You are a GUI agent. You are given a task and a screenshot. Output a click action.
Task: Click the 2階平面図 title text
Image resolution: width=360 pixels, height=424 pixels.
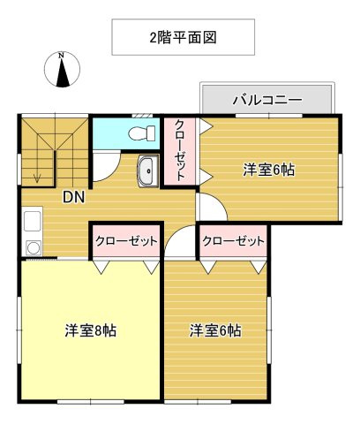point(183,38)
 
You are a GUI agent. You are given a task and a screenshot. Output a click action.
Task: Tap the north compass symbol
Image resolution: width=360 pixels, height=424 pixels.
point(62,70)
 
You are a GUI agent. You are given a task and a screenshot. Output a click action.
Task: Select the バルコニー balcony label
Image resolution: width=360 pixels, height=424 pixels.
point(267,100)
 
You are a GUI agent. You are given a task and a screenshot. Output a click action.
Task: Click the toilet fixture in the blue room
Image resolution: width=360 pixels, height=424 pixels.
point(142,133)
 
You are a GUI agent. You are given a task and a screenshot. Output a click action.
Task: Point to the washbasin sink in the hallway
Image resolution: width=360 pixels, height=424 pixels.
point(148,171)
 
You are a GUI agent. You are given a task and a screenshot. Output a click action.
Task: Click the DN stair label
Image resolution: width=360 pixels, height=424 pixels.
point(74,197)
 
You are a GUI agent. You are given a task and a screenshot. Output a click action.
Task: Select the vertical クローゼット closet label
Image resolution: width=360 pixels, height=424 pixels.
point(180,150)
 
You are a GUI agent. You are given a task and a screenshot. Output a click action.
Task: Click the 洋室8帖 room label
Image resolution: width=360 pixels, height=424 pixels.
point(91,331)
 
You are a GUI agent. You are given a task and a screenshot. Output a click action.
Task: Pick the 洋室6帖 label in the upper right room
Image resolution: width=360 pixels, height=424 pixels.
point(269,170)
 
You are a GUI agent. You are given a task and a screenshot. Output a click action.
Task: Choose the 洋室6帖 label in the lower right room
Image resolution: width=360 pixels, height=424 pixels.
point(215,330)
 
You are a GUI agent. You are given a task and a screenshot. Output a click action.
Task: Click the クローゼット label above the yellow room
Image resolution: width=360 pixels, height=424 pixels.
point(126,241)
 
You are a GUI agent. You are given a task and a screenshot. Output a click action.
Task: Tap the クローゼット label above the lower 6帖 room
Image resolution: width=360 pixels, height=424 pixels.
point(233,241)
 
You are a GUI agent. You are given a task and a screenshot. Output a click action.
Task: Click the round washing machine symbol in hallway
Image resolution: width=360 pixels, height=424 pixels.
point(34,248)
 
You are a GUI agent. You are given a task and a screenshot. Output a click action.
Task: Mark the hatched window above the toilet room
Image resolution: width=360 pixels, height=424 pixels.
point(142,116)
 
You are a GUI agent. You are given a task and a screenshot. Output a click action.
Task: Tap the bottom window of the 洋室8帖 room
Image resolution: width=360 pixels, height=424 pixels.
point(91,402)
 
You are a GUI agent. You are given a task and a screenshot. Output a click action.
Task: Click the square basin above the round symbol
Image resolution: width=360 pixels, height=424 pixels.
point(33,221)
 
